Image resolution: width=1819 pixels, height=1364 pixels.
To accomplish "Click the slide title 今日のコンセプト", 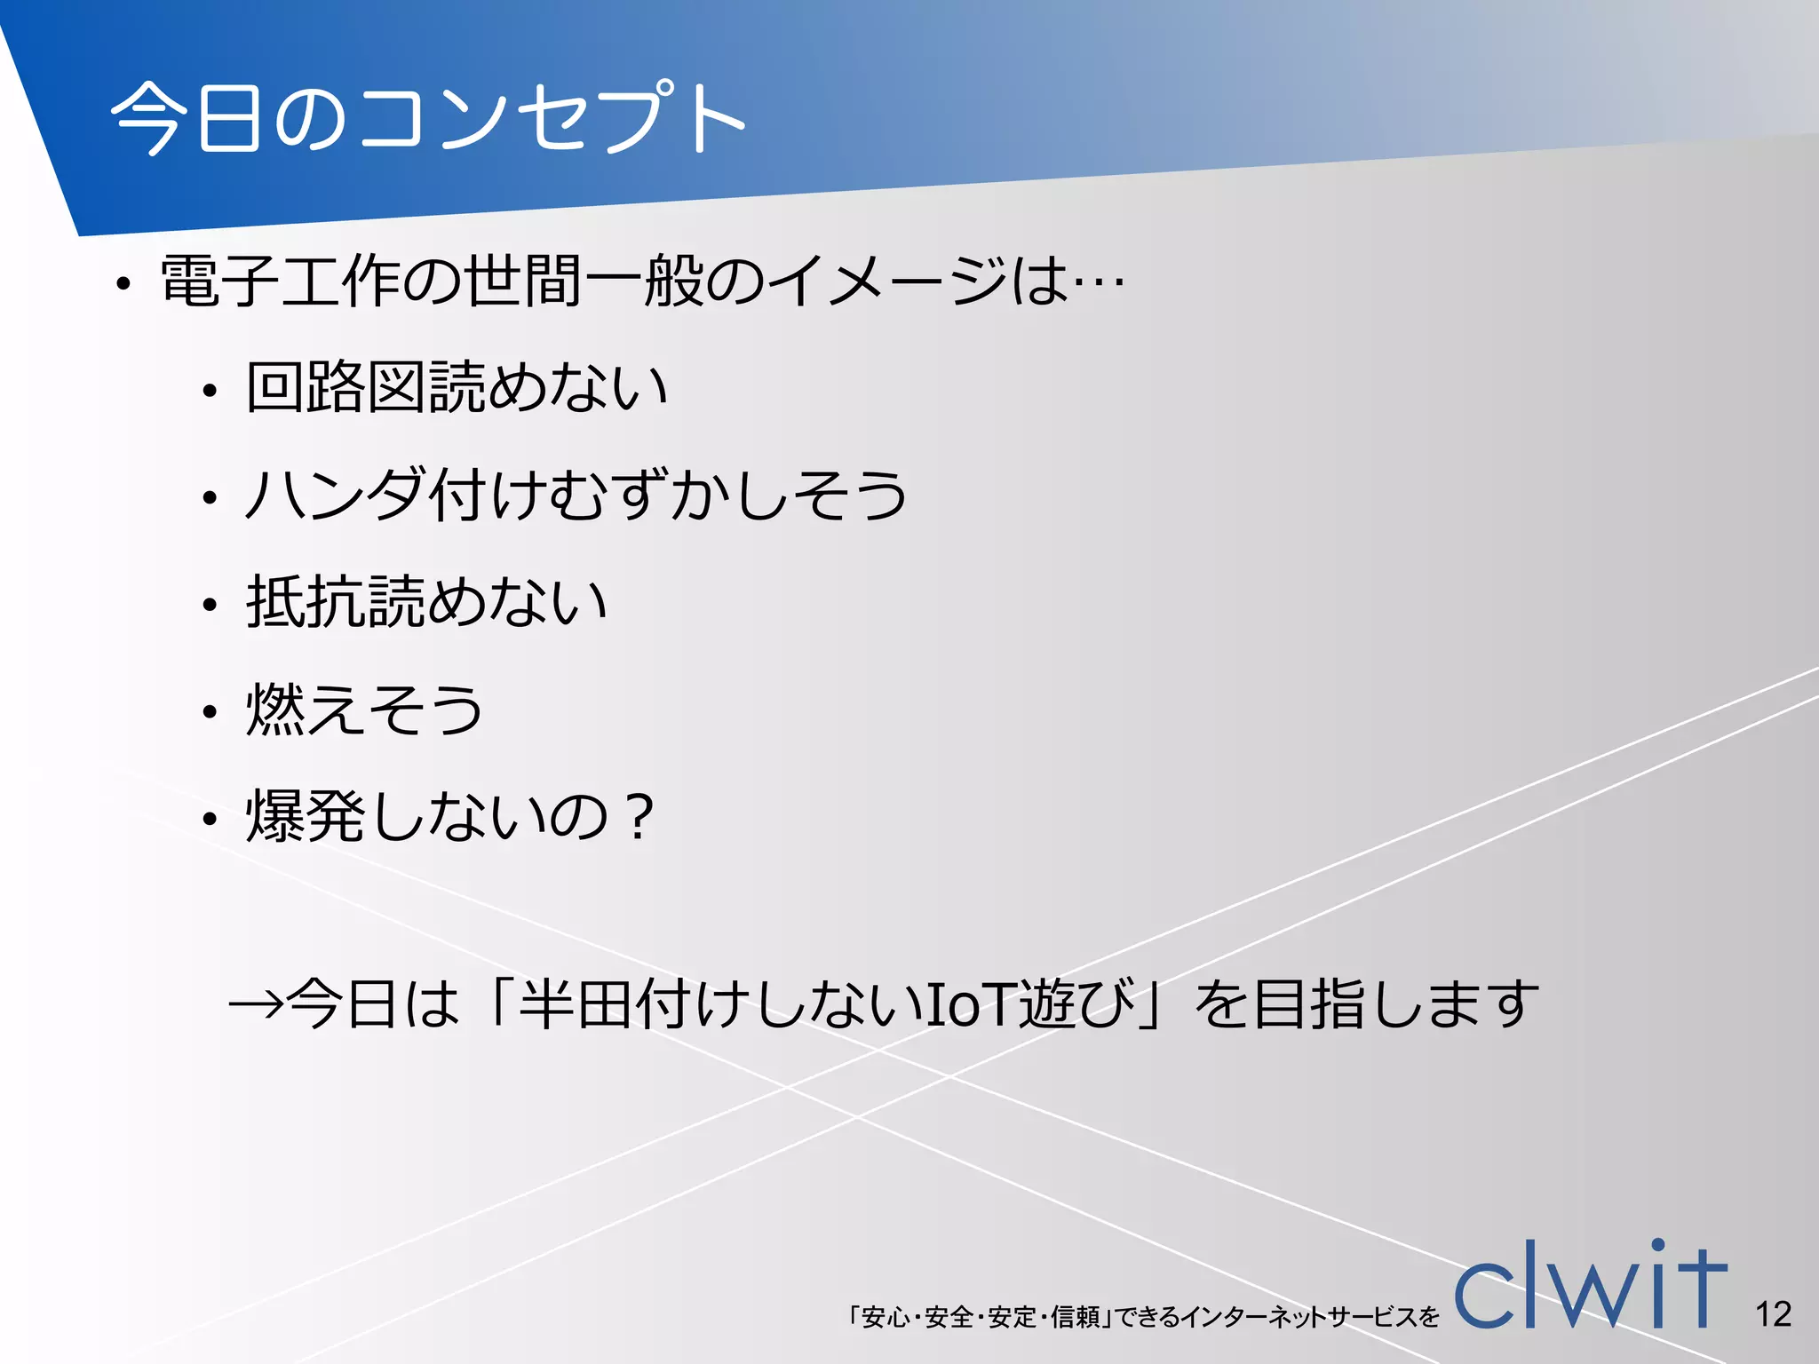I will pyautogui.click(x=426, y=117).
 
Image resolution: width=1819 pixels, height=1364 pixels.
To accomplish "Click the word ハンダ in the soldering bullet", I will pyautogui.click(x=334, y=495).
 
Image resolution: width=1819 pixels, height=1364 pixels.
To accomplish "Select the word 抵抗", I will pyautogui.click(x=306, y=601).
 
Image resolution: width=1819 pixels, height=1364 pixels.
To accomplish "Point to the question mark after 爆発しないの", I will pyautogui.click(x=639, y=816).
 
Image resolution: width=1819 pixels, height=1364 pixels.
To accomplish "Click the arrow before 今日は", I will pyautogui.click(x=256, y=1004).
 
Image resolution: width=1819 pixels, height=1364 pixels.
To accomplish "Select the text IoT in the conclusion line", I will pyautogui.click(x=969, y=1004).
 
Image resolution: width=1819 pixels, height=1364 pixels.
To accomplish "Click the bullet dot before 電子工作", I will pyautogui.click(x=123, y=285).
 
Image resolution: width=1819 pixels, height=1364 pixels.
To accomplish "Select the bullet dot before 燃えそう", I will pyautogui.click(x=210, y=712).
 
